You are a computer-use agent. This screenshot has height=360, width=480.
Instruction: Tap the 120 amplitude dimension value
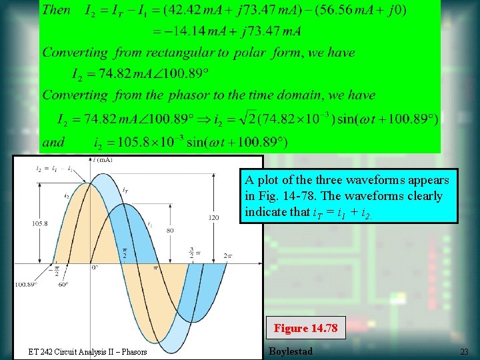tap(213, 217)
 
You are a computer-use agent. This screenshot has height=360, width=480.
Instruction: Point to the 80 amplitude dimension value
tap(171, 230)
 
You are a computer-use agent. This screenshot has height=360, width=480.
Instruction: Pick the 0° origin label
tap(95, 267)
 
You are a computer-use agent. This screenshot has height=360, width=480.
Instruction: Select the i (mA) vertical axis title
tap(101, 160)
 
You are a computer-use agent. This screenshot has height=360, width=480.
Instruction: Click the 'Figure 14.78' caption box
tap(306, 328)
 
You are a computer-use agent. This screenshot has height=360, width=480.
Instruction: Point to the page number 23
tap(464, 351)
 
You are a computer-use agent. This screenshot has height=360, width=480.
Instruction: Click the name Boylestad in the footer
tap(290, 351)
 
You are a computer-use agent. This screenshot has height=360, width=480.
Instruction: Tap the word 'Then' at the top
tap(57, 10)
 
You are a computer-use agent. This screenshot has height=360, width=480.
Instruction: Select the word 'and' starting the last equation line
tap(54, 142)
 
